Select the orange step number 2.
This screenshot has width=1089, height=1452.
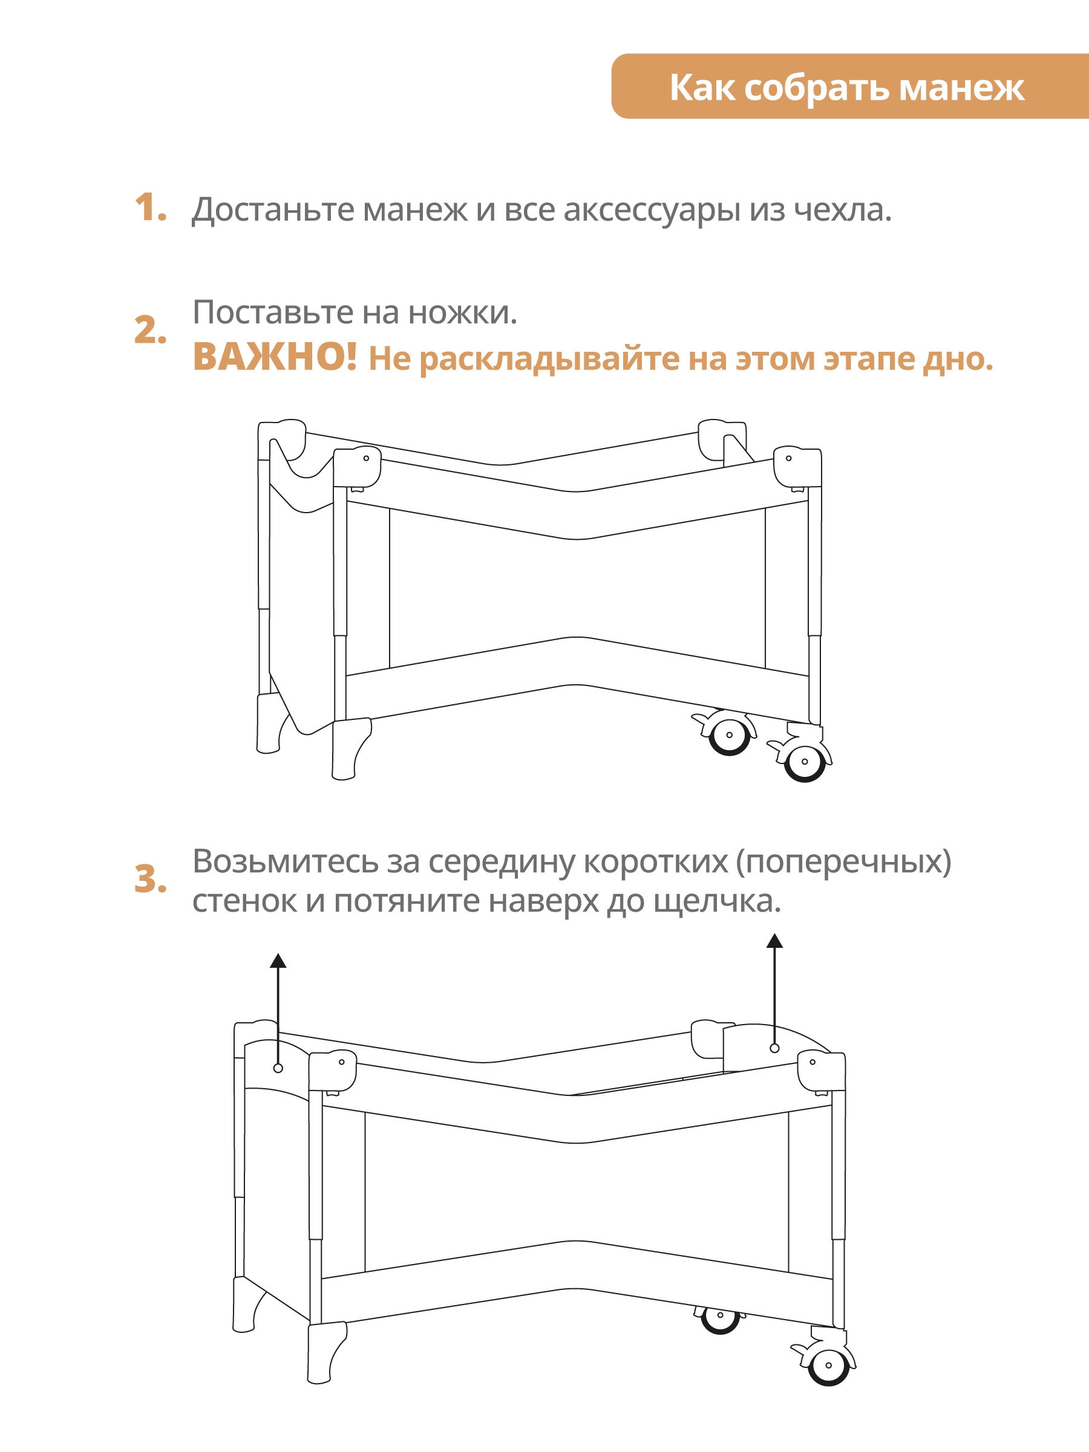click(150, 329)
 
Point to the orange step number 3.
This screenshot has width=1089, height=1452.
click(150, 879)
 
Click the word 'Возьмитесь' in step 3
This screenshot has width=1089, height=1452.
click(284, 861)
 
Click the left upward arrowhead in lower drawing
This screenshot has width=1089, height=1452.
click(278, 962)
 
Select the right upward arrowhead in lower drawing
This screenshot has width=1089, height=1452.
click(774, 941)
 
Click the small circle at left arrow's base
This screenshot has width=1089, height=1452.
click(278, 1068)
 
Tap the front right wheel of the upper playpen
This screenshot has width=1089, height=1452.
click(805, 762)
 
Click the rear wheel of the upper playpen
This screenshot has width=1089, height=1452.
click(729, 735)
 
